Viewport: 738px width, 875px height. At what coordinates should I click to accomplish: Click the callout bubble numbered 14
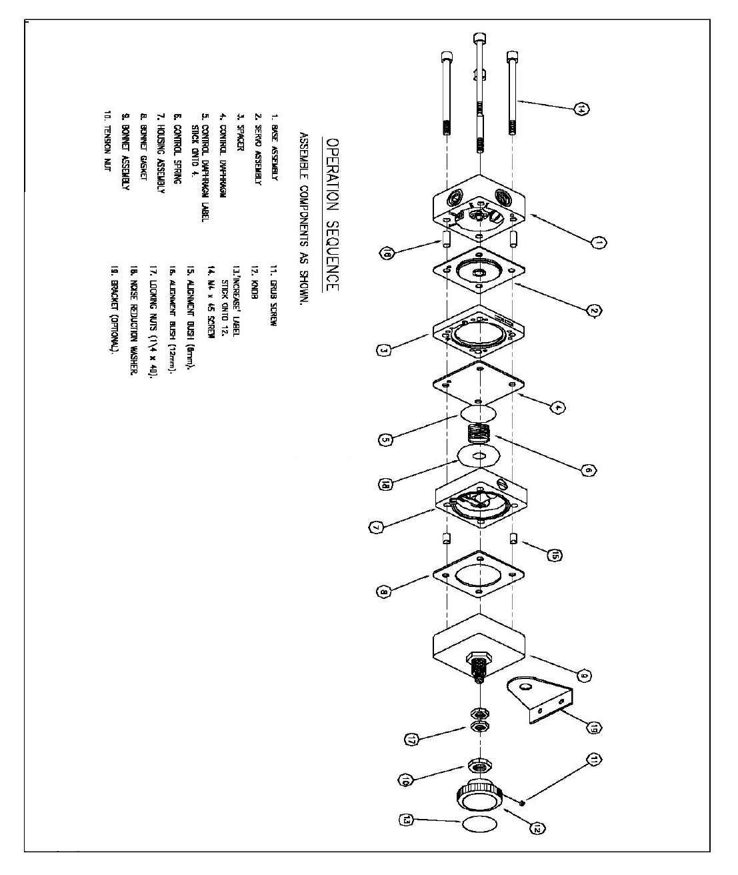coord(582,109)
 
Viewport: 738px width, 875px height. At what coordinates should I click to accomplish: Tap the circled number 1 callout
coord(599,243)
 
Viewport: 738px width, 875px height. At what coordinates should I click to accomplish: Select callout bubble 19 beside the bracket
coord(595,728)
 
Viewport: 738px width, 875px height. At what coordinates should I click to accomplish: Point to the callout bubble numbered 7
coord(375,527)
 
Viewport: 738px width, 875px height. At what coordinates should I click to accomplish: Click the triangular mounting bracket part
coord(540,700)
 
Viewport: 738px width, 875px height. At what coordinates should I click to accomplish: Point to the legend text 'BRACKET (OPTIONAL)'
coord(115,309)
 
